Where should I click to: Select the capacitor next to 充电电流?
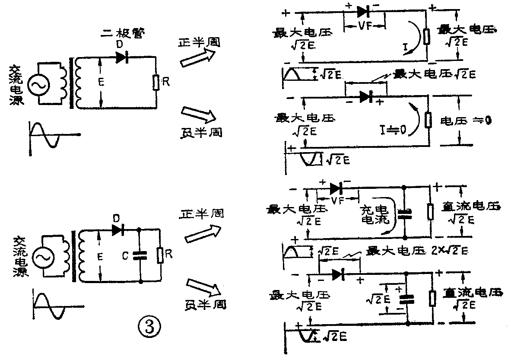coord(405,213)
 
